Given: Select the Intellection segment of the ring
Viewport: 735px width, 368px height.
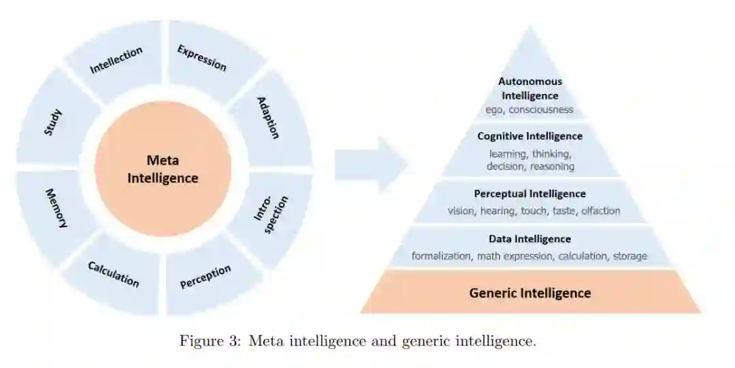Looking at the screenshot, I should [x=116, y=60].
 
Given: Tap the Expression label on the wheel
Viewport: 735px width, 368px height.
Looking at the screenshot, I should [x=201, y=58].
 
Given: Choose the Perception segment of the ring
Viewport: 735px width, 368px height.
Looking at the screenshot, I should [x=206, y=277].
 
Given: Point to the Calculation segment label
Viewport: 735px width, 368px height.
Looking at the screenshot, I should [x=114, y=273].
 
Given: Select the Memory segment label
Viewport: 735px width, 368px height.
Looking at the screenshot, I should [x=56, y=207].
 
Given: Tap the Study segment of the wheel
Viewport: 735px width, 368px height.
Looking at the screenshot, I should [x=53, y=122].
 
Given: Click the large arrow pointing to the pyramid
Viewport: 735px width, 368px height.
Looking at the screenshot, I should [x=371, y=164].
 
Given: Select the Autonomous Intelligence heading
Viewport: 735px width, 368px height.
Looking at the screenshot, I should [x=530, y=88].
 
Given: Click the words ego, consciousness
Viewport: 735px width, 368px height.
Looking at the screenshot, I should [x=529, y=110].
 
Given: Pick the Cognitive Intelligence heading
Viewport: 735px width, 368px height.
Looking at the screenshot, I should [x=529, y=136].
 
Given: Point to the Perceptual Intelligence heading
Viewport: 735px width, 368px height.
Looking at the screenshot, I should [x=529, y=194].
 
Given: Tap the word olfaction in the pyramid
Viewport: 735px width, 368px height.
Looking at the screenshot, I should [x=600, y=211].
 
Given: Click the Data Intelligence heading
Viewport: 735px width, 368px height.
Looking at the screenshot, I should [x=529, y=239].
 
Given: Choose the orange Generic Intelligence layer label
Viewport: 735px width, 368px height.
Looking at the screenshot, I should [x=530, y=293].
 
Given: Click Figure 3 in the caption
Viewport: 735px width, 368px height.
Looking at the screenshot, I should [x=211, y=341].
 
